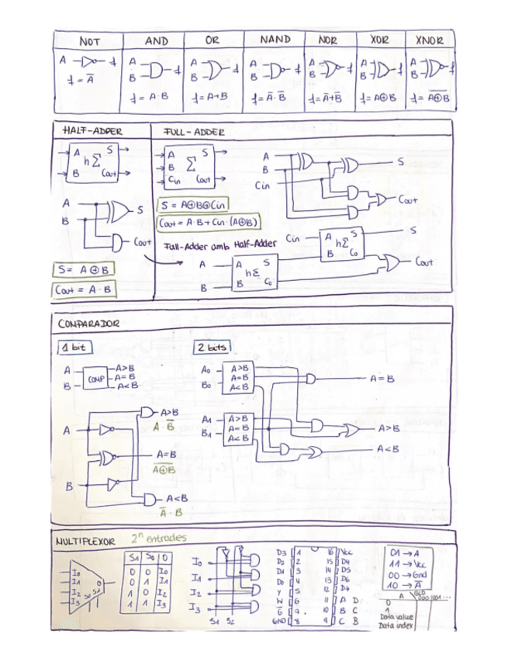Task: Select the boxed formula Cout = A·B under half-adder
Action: (84, 290)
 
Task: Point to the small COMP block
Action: (95, 379)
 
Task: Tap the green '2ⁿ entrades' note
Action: (159, 537)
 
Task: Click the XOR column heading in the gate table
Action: (379, 40)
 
